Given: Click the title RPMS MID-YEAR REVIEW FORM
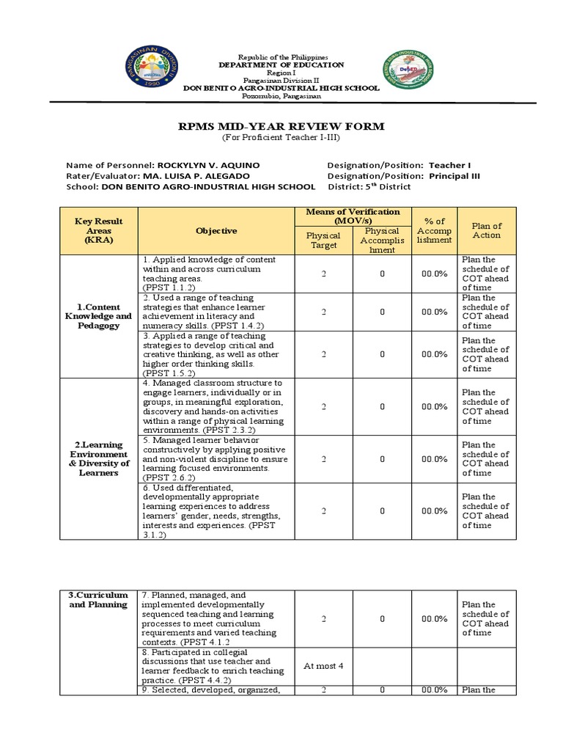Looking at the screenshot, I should click(281, 127).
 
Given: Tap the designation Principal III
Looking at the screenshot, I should click(455, 175).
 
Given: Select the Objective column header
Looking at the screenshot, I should click(216, 230).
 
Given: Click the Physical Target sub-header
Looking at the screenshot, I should click(323, 241).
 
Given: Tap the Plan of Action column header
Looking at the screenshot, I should click(487, 230).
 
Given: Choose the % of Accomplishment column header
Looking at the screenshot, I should click(434, 230).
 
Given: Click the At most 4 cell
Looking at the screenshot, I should click(323, 665).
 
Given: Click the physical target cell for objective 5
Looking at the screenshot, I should click(323, 459).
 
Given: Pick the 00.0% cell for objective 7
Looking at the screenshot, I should click(434, 619).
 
